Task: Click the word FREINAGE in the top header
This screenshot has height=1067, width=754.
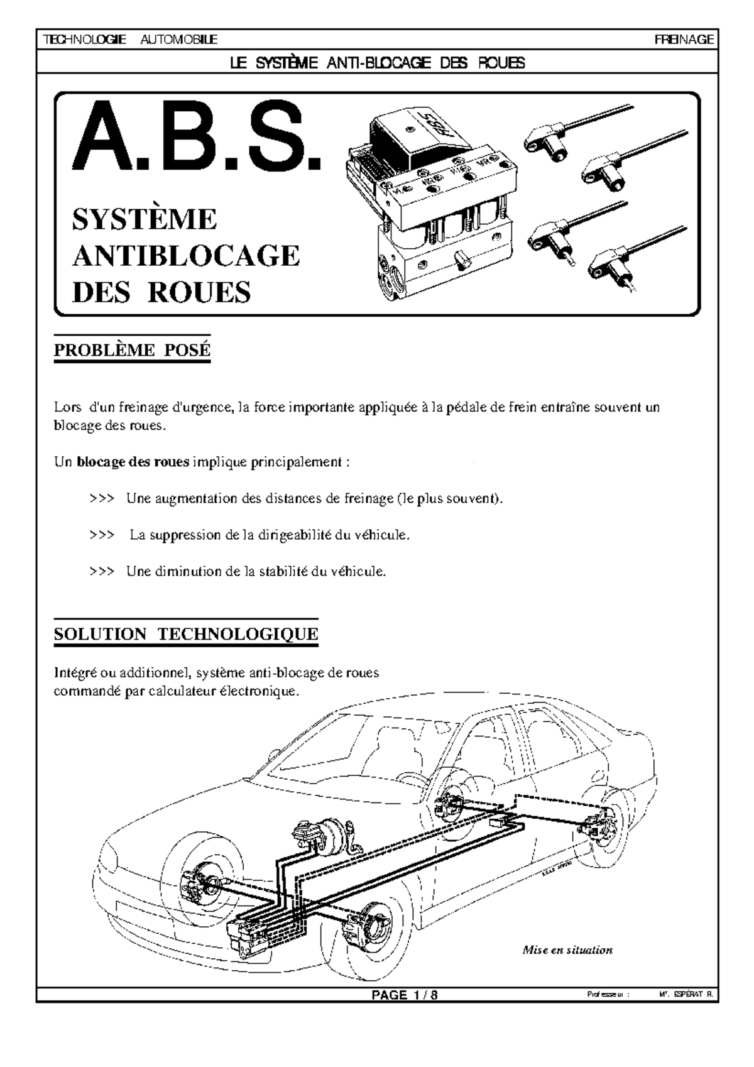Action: coord(684,40)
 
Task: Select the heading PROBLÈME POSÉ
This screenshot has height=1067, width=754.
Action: coord(132,351)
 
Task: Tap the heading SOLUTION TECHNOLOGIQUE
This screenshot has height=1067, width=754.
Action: coord(186,634)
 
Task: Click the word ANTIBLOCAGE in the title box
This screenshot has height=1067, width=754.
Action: coord(186,256)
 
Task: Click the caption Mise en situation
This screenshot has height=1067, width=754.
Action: coord(567,950)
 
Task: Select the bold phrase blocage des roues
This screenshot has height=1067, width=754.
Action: coord(133,462)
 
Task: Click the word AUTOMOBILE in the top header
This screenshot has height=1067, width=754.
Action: coord(178,40)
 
